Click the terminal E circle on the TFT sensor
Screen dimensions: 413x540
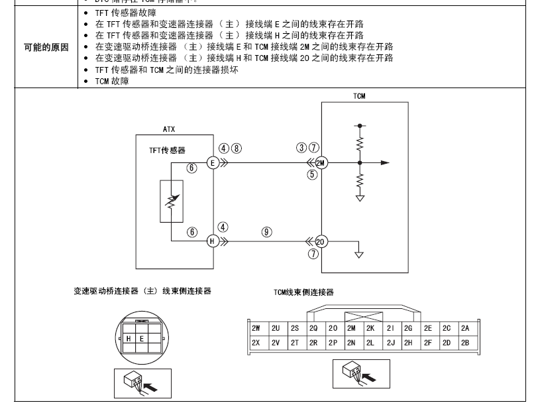click(213, 162)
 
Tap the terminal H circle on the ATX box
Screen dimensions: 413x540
click(213, 241)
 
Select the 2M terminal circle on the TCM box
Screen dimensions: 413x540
click(322, 162)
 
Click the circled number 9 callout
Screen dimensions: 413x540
click(266, 231)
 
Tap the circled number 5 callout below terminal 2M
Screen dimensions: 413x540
click(313, 175)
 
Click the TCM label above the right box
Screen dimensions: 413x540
click(358, 97)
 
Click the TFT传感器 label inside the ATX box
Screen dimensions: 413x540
click(168, 150)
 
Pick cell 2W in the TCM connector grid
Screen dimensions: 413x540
click(256, 328)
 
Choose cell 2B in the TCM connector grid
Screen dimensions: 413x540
click(465, 343)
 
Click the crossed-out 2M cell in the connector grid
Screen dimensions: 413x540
click(351, 328)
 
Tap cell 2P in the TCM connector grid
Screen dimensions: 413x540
click(333, 343)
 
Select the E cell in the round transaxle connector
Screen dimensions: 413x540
click(141, 339)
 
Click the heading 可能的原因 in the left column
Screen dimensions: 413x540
click(46, 48)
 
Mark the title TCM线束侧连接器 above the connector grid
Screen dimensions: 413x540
click(303, 292)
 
